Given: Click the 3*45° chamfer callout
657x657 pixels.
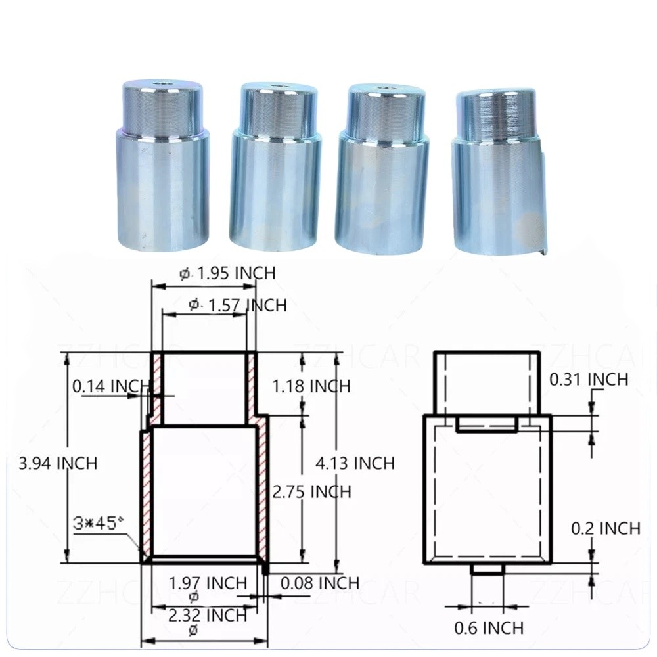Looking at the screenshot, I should coord(99,524).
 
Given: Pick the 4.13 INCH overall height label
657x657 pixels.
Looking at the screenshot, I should coord(355,463).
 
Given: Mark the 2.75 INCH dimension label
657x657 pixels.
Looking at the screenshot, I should coord(312,491).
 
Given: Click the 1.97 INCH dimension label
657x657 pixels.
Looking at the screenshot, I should coord(208,583).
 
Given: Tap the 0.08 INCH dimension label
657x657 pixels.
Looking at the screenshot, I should coord(320,583).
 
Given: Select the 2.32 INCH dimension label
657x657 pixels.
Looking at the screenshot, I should coord(208,616).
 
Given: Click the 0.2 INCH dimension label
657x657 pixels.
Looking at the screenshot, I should coord(605,528).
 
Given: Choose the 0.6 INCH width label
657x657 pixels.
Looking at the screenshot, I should coord(489,627).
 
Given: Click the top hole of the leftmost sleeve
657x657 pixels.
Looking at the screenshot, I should coord(162,84).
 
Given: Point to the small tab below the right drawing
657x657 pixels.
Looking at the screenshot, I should coord(487,569).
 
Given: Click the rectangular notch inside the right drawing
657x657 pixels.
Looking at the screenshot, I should coord(487,424).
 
